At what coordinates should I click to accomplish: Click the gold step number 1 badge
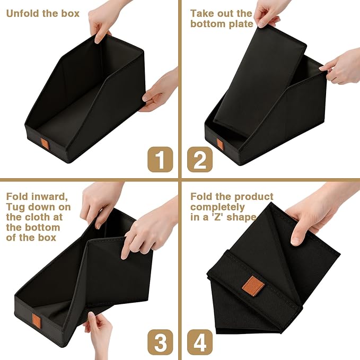(x=160, y=160)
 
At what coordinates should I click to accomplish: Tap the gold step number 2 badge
(x=200, y=160)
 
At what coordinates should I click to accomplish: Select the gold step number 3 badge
(x=160, y=342)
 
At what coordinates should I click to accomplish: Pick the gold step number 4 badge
(x=200, y=342)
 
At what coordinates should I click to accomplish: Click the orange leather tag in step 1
(x=45, y=144)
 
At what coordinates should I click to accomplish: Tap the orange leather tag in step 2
(x=219, y=144)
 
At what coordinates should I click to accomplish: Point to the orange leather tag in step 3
(x=37, y=321)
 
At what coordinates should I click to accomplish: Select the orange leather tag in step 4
(x=253, y=285)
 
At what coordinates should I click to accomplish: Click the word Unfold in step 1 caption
(x=23, y=13)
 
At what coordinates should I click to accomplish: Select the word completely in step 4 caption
(x=217, y=207)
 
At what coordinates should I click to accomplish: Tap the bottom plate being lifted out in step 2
(x=260, y=81)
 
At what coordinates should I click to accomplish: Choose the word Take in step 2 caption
(x=202, y=13)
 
